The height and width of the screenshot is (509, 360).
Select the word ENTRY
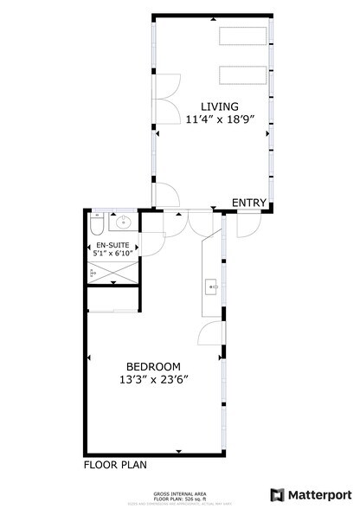click(248, 203)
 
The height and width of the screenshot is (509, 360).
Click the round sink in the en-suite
click(124, 222)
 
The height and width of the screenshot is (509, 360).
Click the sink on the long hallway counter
click(210, 285)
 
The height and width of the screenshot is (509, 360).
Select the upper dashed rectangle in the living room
click(243, 37)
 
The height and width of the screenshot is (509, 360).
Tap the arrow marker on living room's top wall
click(214, 16)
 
